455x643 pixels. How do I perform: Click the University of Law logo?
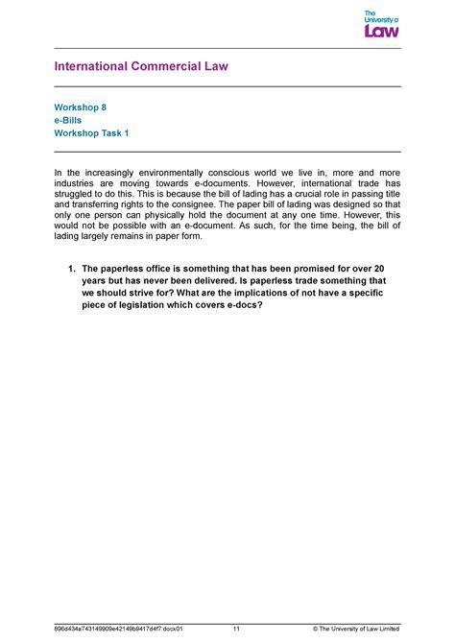tap(381, 24)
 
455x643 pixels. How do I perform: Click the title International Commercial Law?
tap(140, 66)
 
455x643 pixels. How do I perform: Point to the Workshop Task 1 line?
tap(91, 135)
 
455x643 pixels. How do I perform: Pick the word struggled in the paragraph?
tap(78, 194)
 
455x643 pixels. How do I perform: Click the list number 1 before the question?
tap(71, 271)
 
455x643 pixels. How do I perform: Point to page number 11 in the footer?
tap(235, 630)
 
